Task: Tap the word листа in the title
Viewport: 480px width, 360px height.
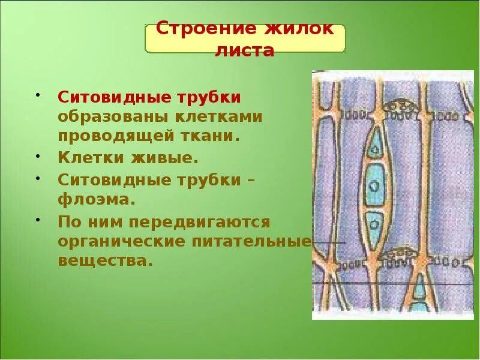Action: pyautogui.click(x=245, y=51)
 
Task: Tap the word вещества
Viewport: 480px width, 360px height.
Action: pyautogui.click(x=102, y=261)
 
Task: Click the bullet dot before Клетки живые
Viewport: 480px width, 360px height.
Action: pyautogui.click(x=37, y=155)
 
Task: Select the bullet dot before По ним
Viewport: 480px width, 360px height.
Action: pyautogui.click(x=37, y=219)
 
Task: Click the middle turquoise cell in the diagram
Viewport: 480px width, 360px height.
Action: pyautogui.click(x=374, y=184)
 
